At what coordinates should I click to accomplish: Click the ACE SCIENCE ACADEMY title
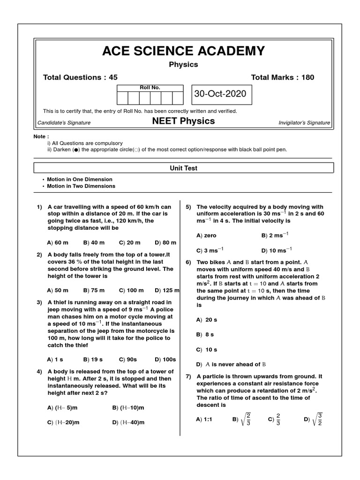(183, 51)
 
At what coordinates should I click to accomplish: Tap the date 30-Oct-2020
(220, 94)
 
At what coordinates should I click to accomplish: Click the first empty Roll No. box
(122, 98)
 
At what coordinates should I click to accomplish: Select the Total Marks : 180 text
(283, 77)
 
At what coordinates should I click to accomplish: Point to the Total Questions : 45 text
(80, 77)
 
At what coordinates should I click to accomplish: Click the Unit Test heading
(183, 168)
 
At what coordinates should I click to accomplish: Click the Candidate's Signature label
(64, 123)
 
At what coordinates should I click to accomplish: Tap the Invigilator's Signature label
(304, 123)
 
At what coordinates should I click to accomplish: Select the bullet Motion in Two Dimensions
(82, 186)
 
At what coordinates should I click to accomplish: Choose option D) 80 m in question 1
(165, 242)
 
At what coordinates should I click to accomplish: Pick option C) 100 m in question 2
(131, 290)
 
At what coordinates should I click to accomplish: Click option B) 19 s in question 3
(93, 360)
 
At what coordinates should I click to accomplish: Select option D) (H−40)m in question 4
(128, 422)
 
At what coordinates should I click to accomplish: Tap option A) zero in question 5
(206, 235)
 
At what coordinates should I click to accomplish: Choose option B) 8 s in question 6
(205, 335)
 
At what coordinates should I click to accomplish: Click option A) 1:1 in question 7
(204, 419)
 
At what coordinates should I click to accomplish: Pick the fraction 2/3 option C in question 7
(274, 419)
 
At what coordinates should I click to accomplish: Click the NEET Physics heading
(183, 121)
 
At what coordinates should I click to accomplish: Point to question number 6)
(188, 262)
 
